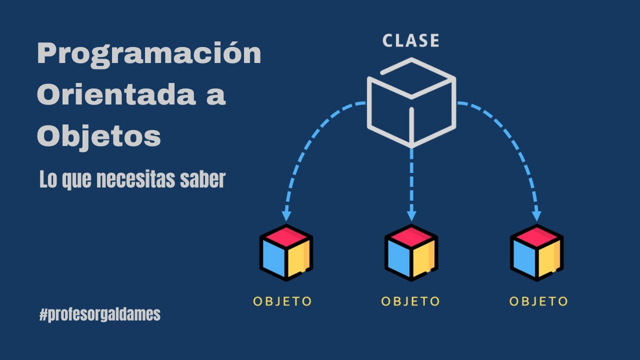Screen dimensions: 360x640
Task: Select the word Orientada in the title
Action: [x=114, y=94]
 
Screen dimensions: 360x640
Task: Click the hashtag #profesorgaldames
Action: [x=99, y=314]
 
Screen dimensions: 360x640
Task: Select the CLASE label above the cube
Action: [x=411, y=41]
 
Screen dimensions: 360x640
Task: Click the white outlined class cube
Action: [x=411, y=102]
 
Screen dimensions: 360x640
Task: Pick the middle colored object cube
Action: [x=411, y=252]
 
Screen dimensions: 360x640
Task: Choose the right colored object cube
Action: [x=536, y=252]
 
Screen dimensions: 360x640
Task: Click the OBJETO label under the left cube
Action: [x=282, y=301]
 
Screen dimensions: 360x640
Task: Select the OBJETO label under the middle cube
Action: [x=410, y=301]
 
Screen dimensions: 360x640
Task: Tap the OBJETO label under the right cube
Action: [x=538, y=301]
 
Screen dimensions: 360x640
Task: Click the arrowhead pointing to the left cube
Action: [x=286, y=215]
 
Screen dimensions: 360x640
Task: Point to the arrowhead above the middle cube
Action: [x=411, y=215]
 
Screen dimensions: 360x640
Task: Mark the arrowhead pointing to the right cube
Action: [x=536, y=215]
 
